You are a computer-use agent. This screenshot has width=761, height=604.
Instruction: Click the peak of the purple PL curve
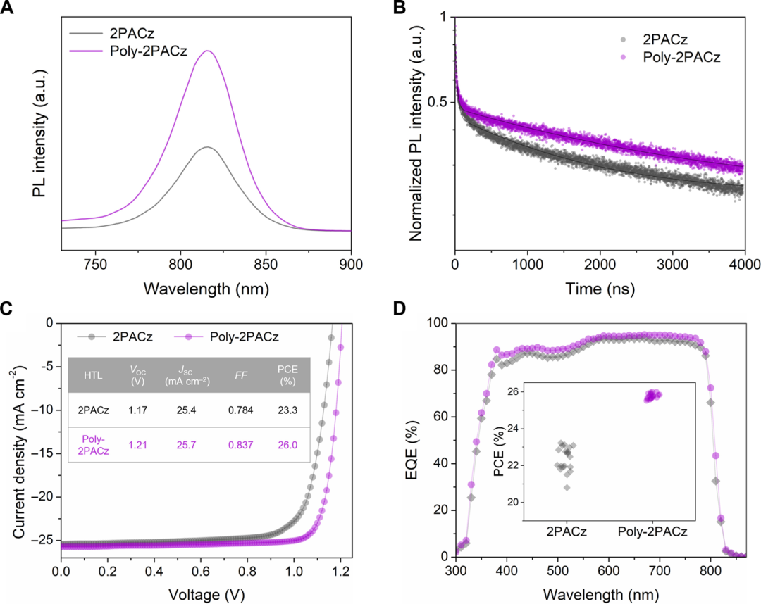click(x=208, y=51)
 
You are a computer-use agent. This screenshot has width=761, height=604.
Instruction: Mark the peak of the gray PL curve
click(x=207, y=147)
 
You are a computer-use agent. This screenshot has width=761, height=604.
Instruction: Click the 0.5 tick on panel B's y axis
click(x=438, y=102)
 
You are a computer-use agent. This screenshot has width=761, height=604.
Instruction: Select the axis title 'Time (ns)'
click(x=600, y=289)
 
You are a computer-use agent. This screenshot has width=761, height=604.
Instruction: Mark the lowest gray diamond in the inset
click(x=567, y=487)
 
